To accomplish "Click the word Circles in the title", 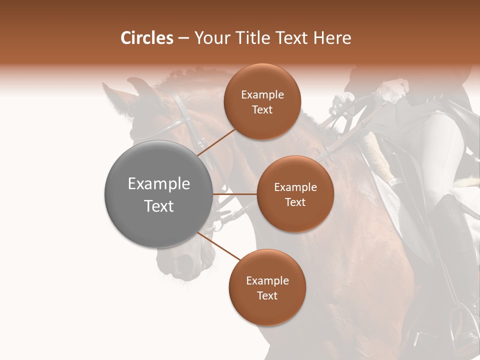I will point(146,38).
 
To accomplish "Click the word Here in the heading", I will point(332,38).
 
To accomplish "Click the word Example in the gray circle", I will point(159,183).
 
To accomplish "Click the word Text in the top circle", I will point(262,110).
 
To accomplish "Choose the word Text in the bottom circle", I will point(267,295).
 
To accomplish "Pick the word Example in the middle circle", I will point(295,187).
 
